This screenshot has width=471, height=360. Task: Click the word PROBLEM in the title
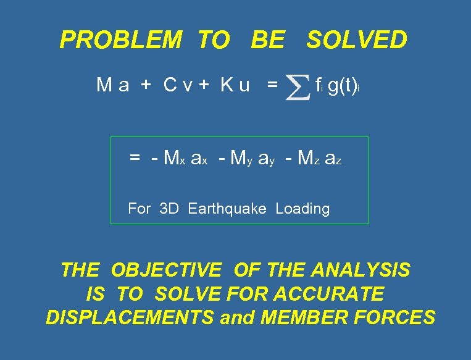tap(120, 40)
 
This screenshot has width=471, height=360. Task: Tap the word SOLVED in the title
tap(357, 40)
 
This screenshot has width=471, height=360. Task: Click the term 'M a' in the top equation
tap(112, 85)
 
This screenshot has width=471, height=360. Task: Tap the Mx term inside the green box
tap(170, 159)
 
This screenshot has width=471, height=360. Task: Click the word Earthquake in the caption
tap(227, 209)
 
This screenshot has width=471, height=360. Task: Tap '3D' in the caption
tap(169, 209)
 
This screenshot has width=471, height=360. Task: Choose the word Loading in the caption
tap(302, 209)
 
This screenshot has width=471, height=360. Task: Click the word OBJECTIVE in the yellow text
tap(166, 270)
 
